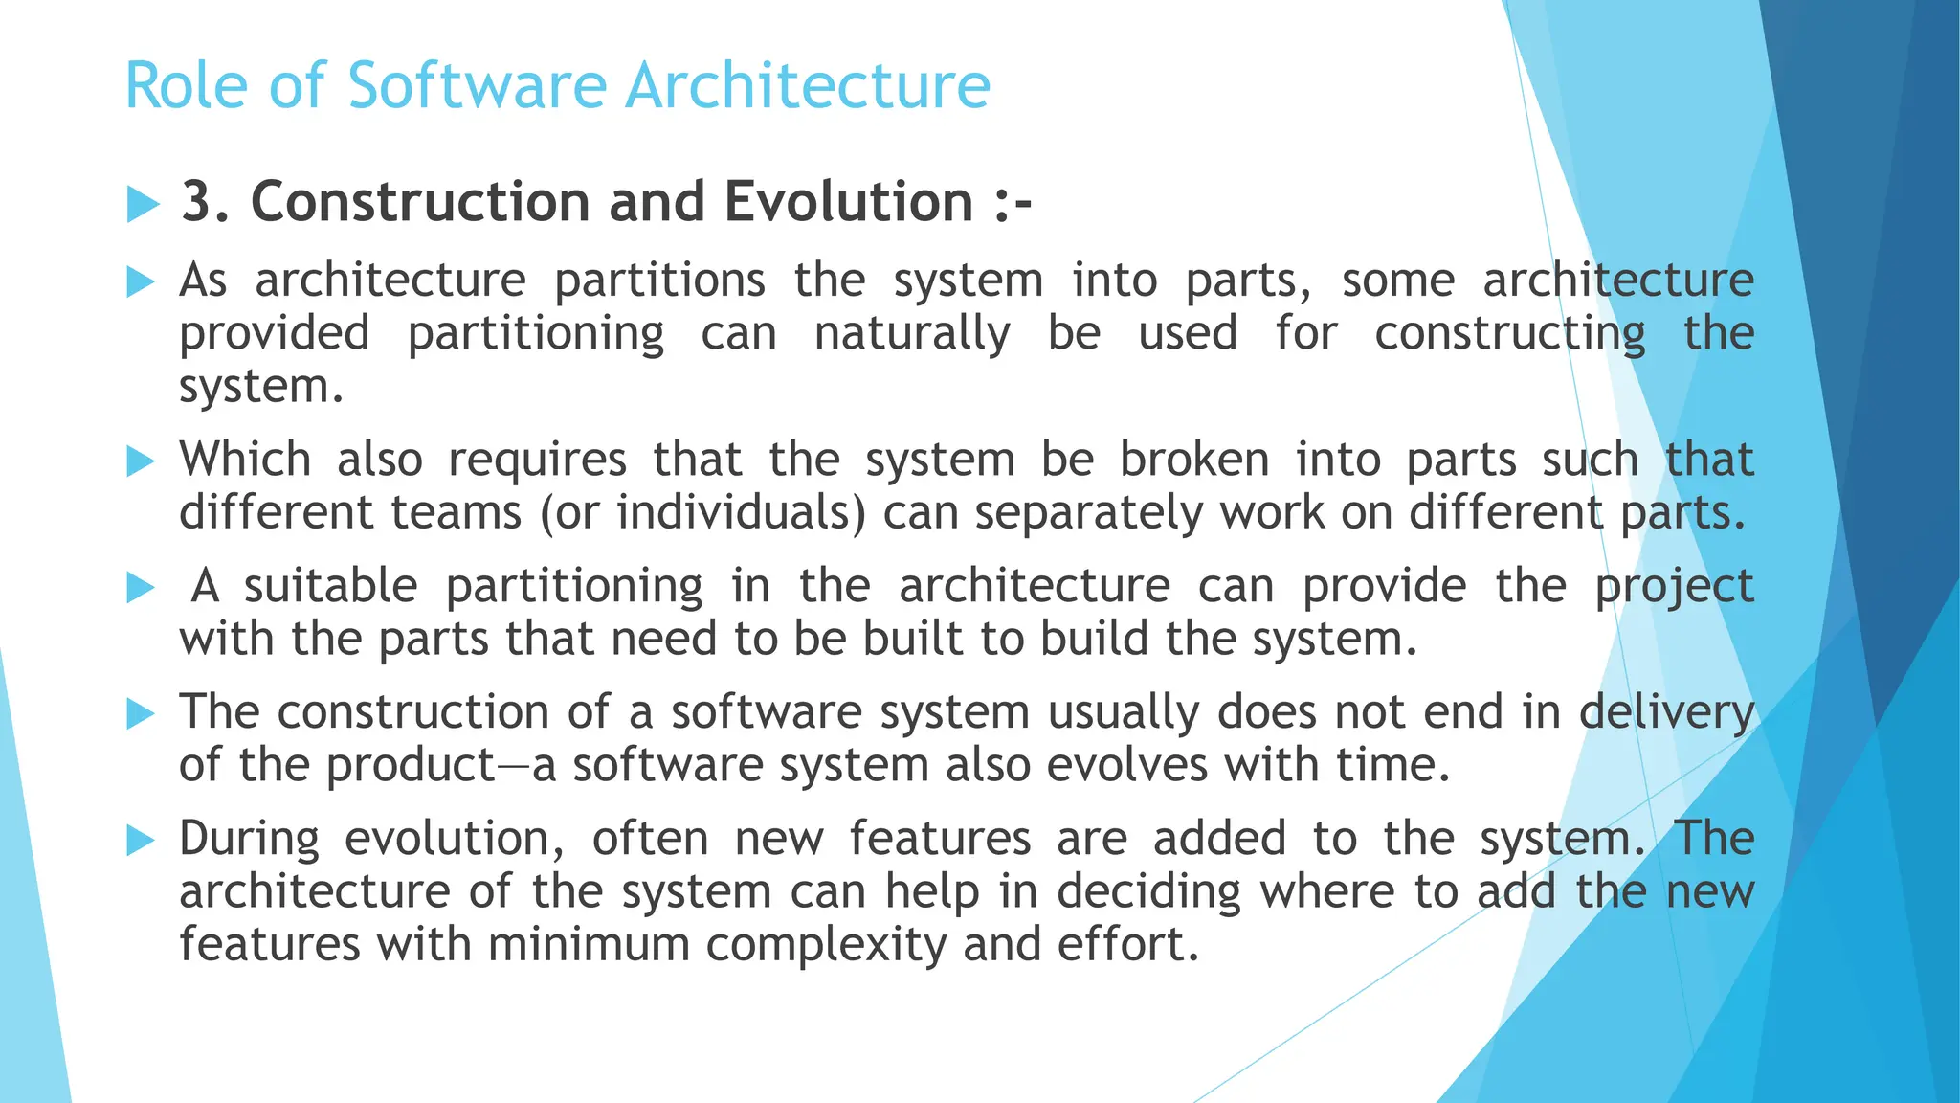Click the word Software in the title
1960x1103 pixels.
(477, 86)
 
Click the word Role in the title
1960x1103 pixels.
(187, 86)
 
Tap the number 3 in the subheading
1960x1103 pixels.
(196, 202)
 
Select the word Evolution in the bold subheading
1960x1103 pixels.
(848, 202)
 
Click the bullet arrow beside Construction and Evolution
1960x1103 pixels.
(142, 204)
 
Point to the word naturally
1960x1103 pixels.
(911, 334)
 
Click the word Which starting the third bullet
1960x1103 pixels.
(245, 460)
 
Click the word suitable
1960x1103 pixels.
(330, 586)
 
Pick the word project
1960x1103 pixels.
(1673, 586)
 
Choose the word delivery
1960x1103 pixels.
(1665, 712)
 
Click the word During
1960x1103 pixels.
(249, 839)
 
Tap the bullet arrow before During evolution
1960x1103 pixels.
(141, 841)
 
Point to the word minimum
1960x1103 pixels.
(589, 944)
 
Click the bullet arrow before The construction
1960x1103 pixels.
(141, 714)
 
